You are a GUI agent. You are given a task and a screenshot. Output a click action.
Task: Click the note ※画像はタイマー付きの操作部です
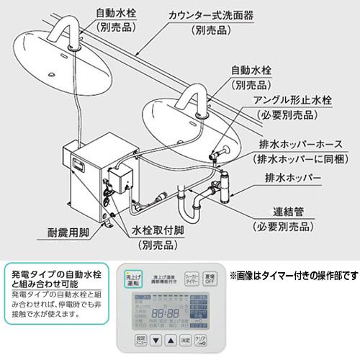coord(294,276)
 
